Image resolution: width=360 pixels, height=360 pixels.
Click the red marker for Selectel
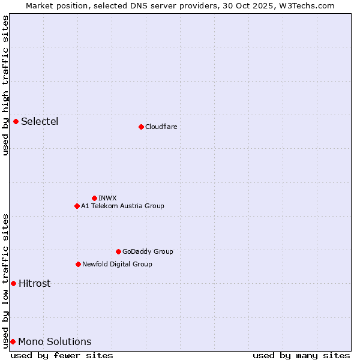coord(16,122)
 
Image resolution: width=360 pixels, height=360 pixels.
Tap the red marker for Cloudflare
coord(141,127)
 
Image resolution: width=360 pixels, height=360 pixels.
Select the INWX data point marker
coord(94,198)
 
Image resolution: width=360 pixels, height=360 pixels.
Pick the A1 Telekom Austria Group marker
coord(77,206)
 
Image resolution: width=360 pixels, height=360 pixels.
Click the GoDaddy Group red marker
coord(118,251)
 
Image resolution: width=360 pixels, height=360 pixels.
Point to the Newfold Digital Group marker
coord(78,264)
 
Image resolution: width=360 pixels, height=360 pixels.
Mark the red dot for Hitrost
coord(13,283)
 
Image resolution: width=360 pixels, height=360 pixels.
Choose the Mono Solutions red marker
coord(13,341)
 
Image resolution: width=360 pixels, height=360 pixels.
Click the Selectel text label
coord(40,122)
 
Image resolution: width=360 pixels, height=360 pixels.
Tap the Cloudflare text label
coord(161,127)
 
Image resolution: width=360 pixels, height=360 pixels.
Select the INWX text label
coord(107,198)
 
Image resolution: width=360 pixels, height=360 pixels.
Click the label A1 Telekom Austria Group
coord(122,206)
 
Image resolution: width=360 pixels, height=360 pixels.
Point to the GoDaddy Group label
coord(148,251)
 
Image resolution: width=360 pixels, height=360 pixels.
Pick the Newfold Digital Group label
coord(117,264)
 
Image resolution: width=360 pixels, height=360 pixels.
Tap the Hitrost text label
coord(35,283)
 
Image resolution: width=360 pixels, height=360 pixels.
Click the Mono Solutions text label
coord(55,341)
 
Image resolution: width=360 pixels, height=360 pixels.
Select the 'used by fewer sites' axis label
coord(62,355)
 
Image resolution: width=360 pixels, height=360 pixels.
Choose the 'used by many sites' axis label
coord(301,355)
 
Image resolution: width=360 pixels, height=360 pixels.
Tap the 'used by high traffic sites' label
coord(5,85)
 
